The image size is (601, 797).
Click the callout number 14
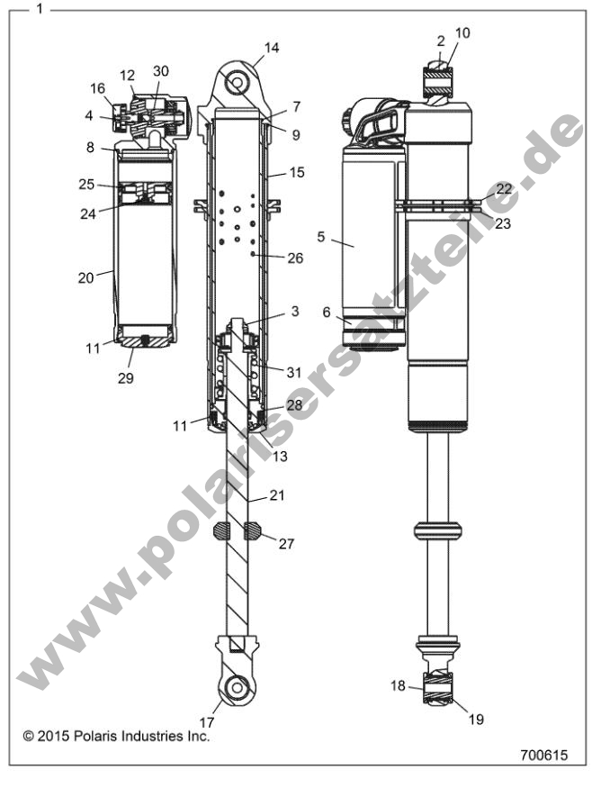click(272, 48)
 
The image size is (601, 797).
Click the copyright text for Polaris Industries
click(116, 736)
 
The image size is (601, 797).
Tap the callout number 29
click(125, 377)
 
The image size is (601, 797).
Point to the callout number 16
click(97, 87)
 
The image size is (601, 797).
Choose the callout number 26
click(294, 258)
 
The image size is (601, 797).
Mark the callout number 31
click(294, 372)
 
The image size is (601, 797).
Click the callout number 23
click(502, 223)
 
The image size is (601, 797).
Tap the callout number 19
click(476, 719)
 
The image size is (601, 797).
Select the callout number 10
click(462, 33)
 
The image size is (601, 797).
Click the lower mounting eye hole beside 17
click(237, 687)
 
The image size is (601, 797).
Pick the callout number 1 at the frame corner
click(39, 9)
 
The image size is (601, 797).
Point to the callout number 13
click(280, 456)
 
